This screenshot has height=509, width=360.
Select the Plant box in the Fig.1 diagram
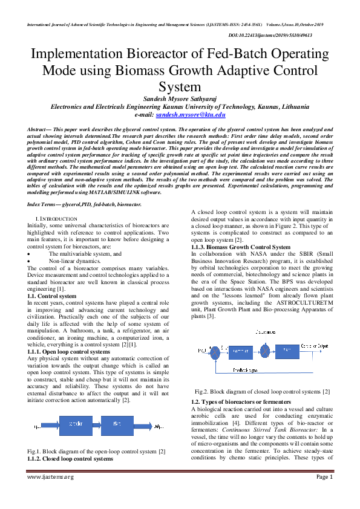pos(117,425)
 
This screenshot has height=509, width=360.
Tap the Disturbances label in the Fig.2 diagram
pos(266,332)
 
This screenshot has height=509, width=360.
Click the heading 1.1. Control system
pos(52,296)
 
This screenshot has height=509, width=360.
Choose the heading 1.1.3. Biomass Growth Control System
pos(241,247)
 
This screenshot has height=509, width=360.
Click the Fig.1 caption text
pos(97,452)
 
